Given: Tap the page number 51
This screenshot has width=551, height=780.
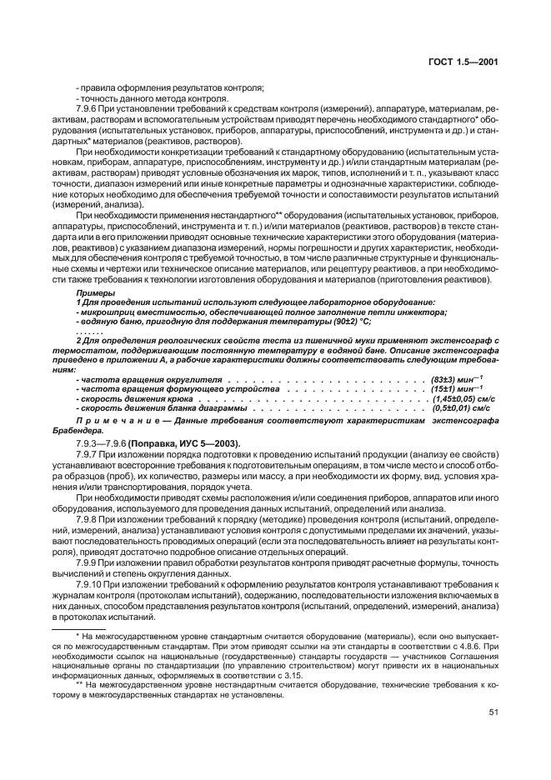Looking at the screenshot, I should [x=493, y=712].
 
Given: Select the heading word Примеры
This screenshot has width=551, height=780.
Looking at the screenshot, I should [x=91, y=294].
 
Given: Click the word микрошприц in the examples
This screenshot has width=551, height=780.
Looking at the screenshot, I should [x=106, y=312].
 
